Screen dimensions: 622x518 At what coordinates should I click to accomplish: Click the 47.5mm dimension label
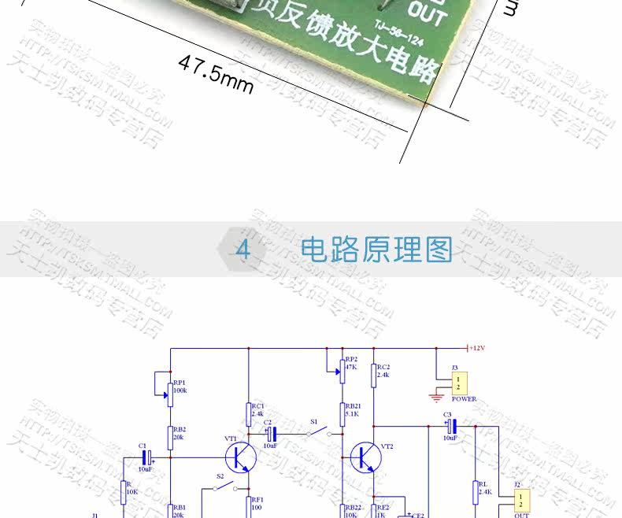(x=216, y=73)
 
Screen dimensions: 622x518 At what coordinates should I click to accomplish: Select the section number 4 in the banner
(x=243, y=250)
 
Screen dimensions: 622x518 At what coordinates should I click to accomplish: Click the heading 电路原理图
(x=377, y=250)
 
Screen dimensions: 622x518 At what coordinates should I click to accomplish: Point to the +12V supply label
(x=478, y=348)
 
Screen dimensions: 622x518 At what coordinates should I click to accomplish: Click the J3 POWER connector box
(x=460, y=383)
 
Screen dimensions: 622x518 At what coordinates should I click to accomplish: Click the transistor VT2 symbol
(x=365, y=457)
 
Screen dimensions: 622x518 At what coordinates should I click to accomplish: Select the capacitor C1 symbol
(x=146, y=457)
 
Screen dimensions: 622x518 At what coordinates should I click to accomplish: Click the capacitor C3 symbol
(x=451, y=427)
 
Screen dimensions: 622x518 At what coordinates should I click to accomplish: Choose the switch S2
(x=226, y=487)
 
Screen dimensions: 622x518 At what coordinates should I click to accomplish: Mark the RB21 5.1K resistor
(x=342, y=413)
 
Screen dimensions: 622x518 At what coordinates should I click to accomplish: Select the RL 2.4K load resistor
(x=475, y=492)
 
